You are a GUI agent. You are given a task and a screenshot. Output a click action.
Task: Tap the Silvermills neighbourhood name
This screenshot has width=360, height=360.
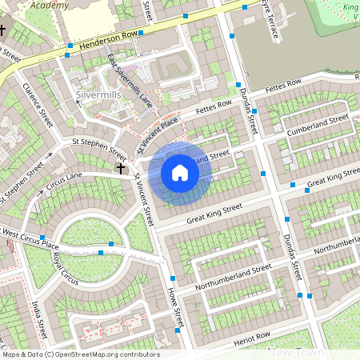(98, 94)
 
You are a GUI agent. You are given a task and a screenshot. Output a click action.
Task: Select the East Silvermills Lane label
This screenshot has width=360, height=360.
(129, 82)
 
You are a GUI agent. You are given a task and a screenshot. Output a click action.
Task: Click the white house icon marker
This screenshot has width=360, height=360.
(180, 173)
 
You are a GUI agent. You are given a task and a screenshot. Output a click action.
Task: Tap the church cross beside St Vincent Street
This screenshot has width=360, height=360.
(121, 169)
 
